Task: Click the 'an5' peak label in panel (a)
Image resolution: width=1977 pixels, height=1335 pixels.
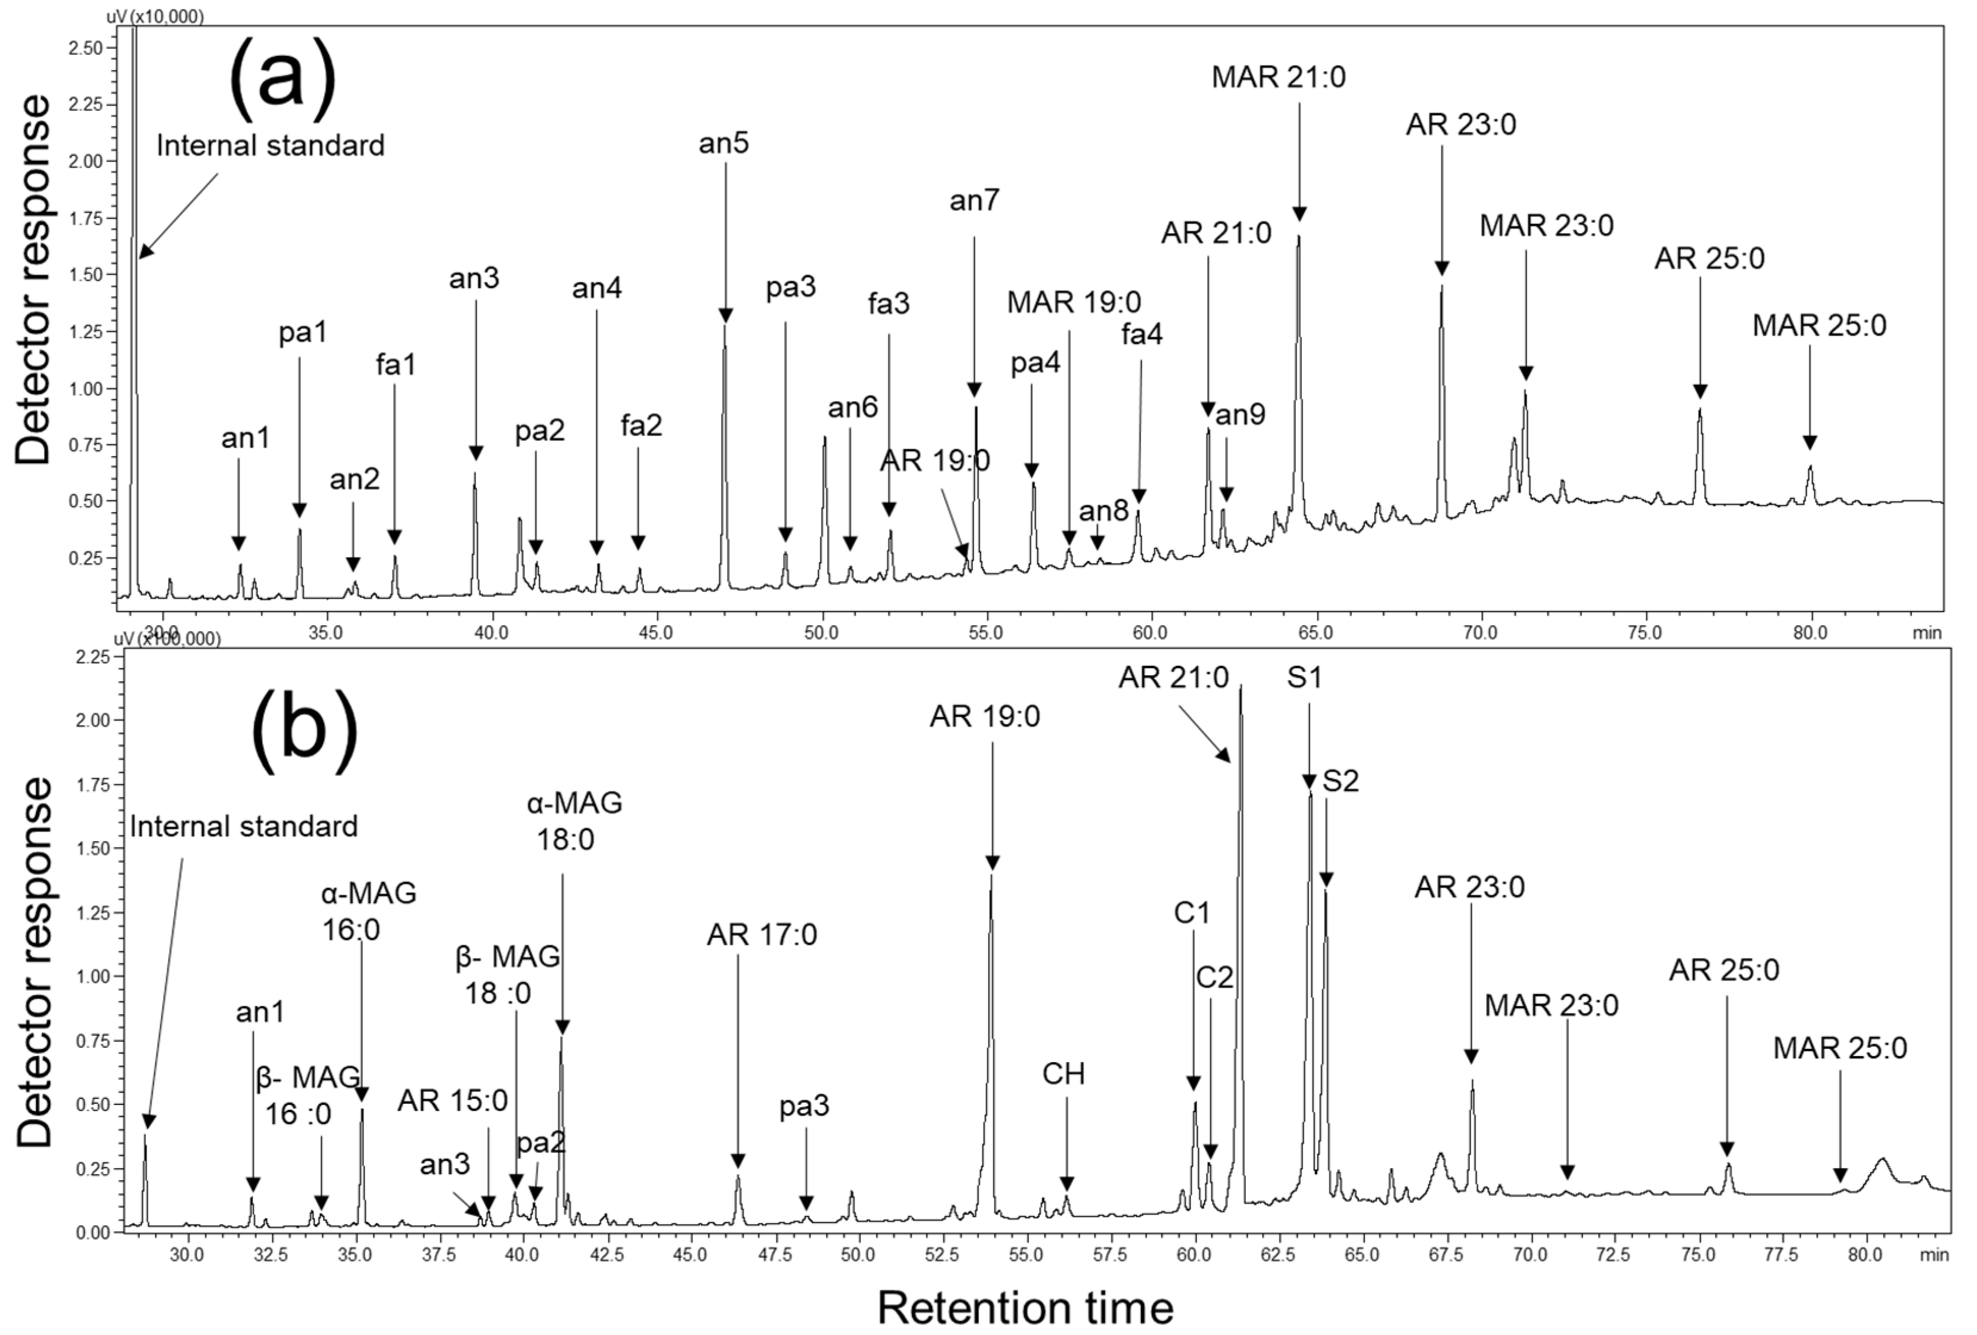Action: pyautogui.click(x=724, y=144)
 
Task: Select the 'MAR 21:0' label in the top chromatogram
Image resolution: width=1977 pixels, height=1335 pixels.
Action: pyautogui.click(x=1279, y=77)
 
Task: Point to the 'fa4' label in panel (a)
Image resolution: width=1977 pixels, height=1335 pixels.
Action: pyautogui.click(x=1142, y=334)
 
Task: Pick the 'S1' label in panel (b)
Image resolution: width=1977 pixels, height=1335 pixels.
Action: pyautogui.click(x=1304, y=678)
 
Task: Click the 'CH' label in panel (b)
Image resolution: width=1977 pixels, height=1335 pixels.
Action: pyautogui.click(x=1064, y=1074)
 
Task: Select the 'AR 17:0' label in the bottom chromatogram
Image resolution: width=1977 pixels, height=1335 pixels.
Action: pyautogui.click(x=761, y=935)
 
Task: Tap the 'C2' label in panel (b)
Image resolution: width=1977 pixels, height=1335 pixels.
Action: pyautogui.click(x=1214, y=977)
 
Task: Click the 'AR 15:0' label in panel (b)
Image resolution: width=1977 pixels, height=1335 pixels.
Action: pyautogui.click(x=453, y=1100)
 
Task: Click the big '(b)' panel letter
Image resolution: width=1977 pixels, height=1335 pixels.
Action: pyautogui.click(x=304, y=731)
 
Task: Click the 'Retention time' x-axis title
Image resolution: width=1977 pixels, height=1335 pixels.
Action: pyautogui.click(x=1025, y=1307)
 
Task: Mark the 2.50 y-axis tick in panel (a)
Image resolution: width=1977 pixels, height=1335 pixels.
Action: pyautogui.click(x=88, y=48)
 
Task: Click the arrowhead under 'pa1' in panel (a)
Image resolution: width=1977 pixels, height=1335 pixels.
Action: pyautogui.click(x=299, y=511)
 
